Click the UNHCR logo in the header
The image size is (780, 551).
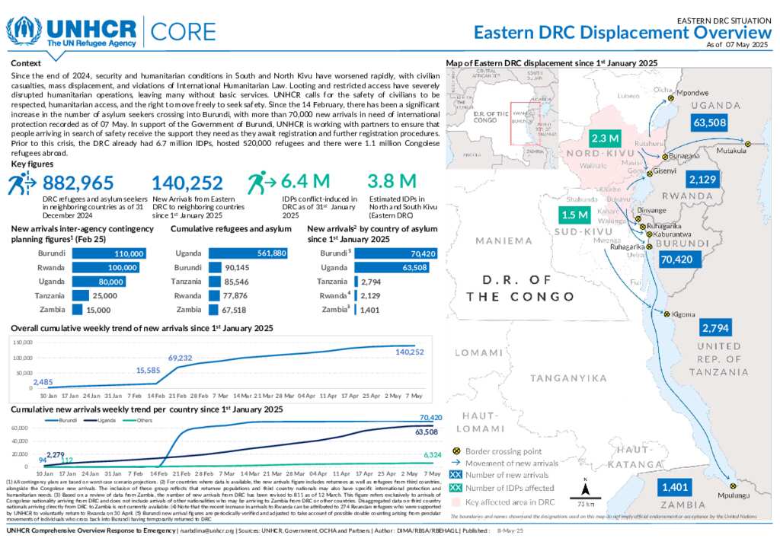coord(72,32)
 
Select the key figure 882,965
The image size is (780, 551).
coord(78,183)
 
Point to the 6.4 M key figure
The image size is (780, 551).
coord(305,182)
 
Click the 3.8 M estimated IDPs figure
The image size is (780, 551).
coord(392,182)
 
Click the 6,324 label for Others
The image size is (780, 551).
coord(430,455)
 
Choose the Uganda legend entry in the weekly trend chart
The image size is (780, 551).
coord(104,420)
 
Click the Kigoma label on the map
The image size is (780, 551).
coord(684,313)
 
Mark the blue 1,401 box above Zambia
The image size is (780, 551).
coord(676,487)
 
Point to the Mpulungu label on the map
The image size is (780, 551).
coord(734,495)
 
